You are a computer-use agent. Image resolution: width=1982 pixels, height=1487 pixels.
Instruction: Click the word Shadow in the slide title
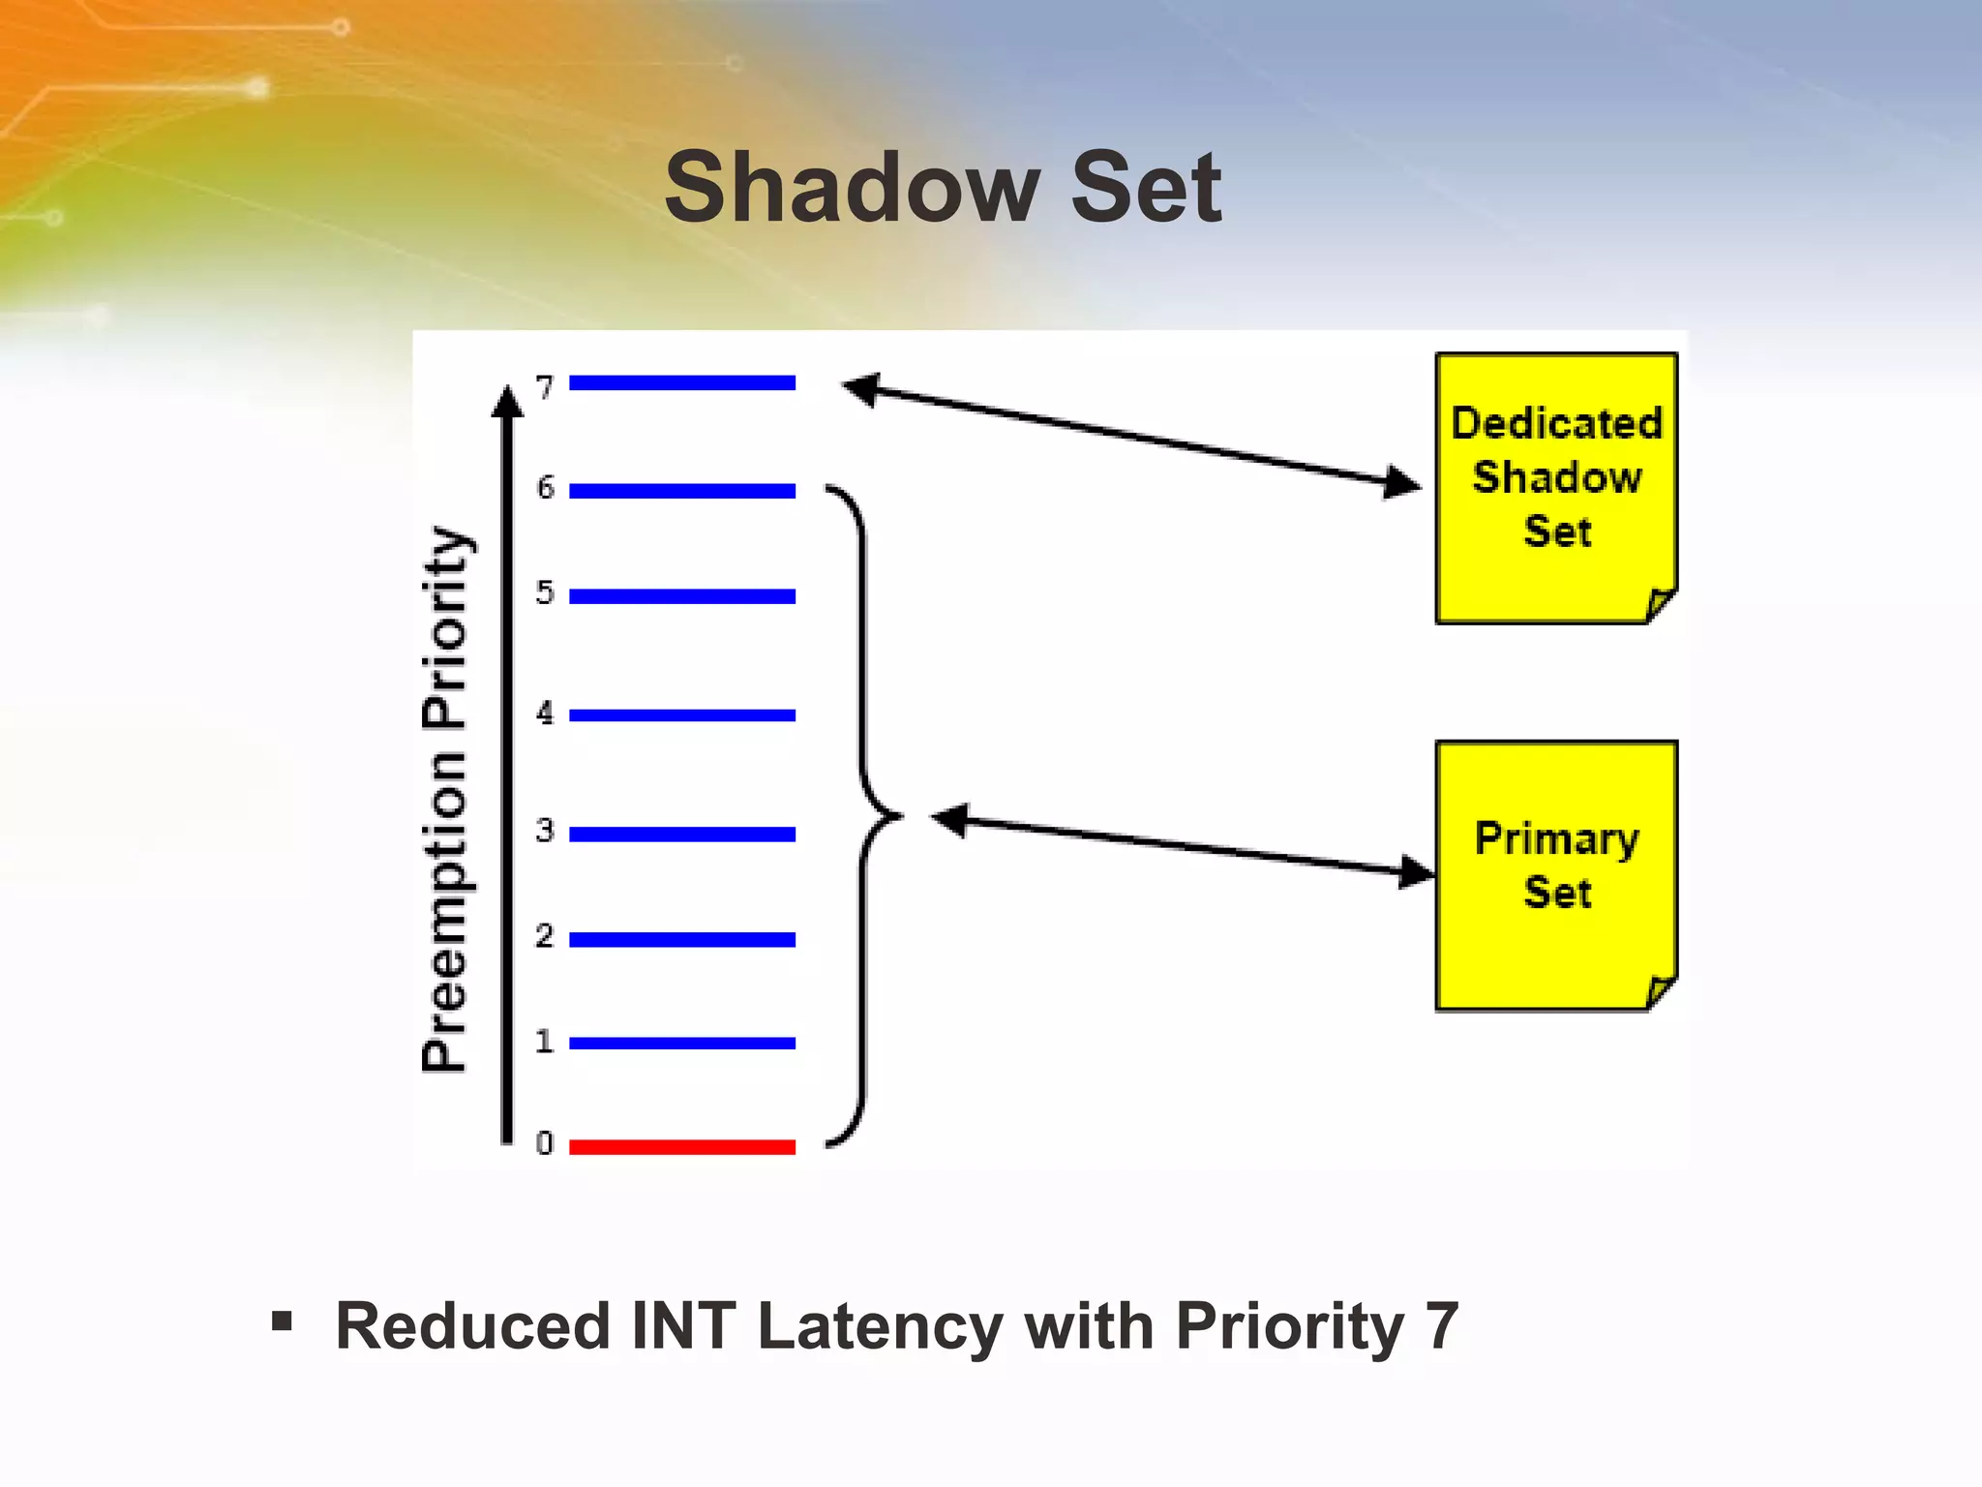click(x=852, y=188)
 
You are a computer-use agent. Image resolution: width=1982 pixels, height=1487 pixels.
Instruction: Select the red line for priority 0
click(x=681, y=1147)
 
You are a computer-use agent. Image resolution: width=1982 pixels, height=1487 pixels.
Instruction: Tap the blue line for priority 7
click(x=681, y=383)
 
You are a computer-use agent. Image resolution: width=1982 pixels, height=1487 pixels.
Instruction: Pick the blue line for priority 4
click(x=681, y=715)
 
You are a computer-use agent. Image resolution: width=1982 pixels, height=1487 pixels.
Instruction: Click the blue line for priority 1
click(x=681, y=1043)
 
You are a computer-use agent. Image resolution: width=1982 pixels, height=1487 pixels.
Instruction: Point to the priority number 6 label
click(x=546, y=487)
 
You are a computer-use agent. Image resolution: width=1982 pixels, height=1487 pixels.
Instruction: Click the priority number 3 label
click(x=545, y=831)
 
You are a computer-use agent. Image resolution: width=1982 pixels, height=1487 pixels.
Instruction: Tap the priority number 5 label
click(x=545, y=592)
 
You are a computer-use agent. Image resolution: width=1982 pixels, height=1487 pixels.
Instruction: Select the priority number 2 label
click(x=545, y=936)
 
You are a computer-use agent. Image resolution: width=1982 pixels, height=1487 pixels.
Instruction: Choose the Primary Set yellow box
click(x=1556, y=875)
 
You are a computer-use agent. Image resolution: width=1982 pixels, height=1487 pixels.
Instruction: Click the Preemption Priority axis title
click(x=446, y=799)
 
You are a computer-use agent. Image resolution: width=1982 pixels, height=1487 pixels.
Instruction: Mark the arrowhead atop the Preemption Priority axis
click(x=506, y=401)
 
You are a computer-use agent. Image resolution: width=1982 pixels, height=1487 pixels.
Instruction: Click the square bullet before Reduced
click(x=282, y=1321)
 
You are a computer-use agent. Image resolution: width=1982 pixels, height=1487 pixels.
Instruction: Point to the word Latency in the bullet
click(x=880, y=1326)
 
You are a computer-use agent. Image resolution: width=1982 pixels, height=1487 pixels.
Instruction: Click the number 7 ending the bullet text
click(x=1441, y=1326)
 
